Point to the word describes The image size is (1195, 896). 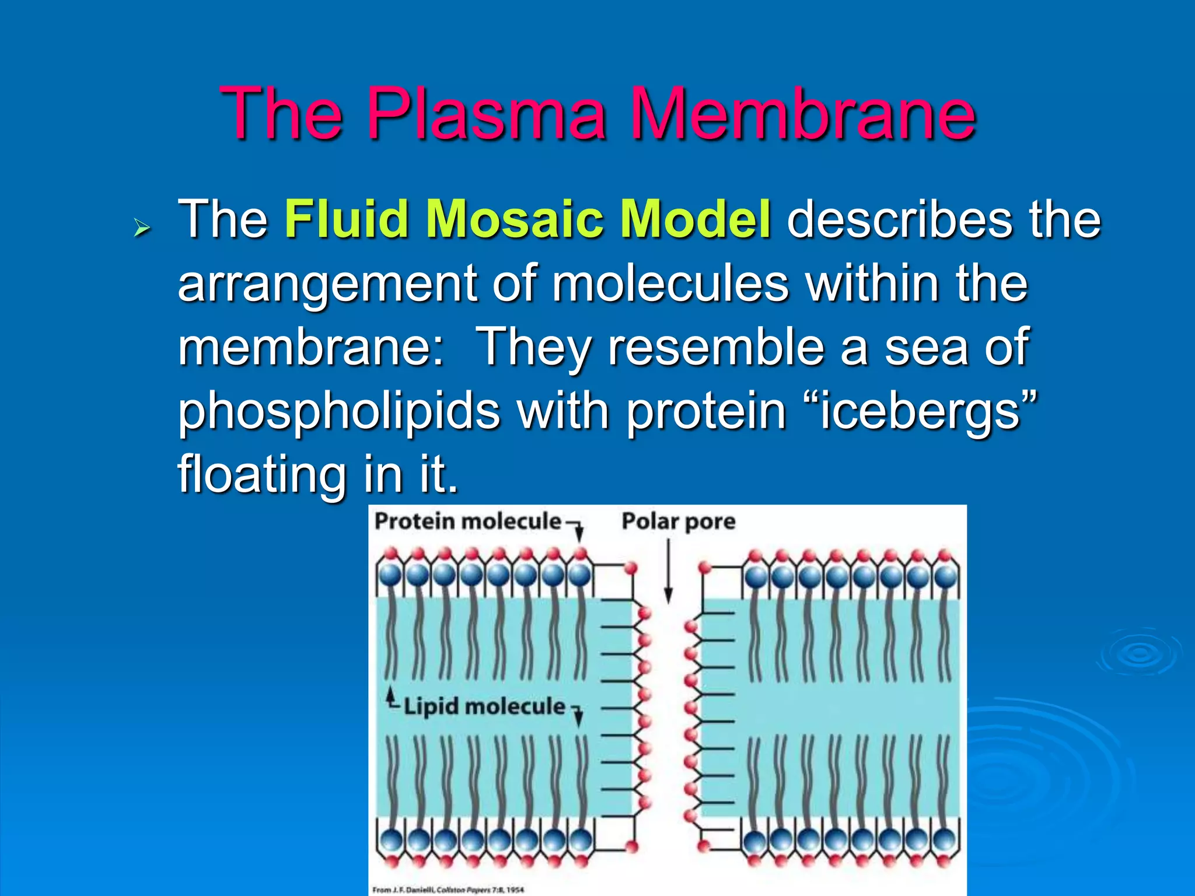point(899,219)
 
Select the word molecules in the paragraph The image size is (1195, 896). point(670,283)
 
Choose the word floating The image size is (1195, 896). point(262,475)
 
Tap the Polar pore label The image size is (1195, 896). point(678,521)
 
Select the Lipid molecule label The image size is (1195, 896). point(484,706)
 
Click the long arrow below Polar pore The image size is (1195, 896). point(669,572)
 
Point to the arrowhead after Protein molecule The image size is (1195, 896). point(579,532)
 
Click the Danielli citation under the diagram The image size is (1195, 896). point(448,890)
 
